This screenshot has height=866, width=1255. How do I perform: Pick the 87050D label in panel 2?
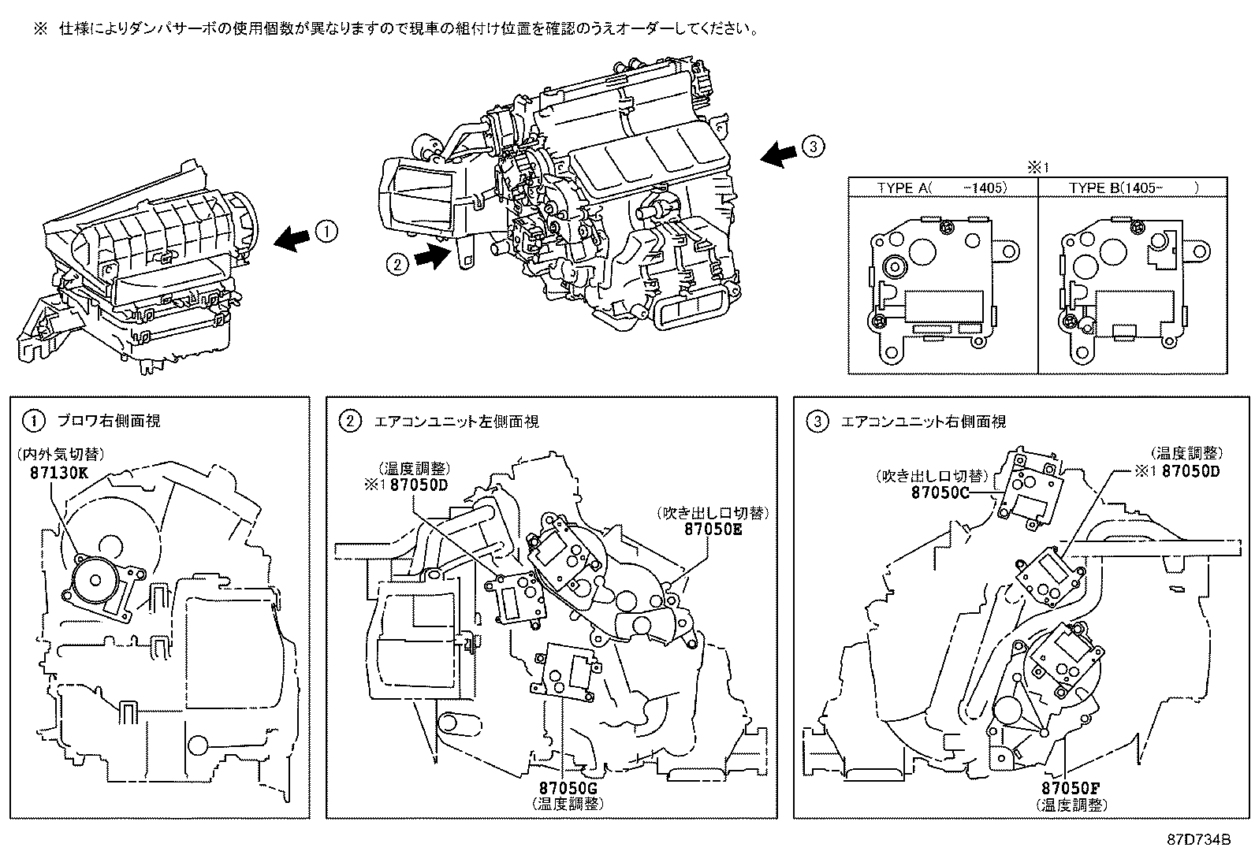coord(408,484)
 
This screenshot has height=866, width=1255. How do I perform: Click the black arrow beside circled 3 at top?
coord(779,153)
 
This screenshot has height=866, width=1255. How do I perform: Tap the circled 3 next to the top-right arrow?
coord(813,145)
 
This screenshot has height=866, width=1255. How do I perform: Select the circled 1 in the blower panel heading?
coord(32,422)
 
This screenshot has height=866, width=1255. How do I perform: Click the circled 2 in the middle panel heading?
coord(349,422)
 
